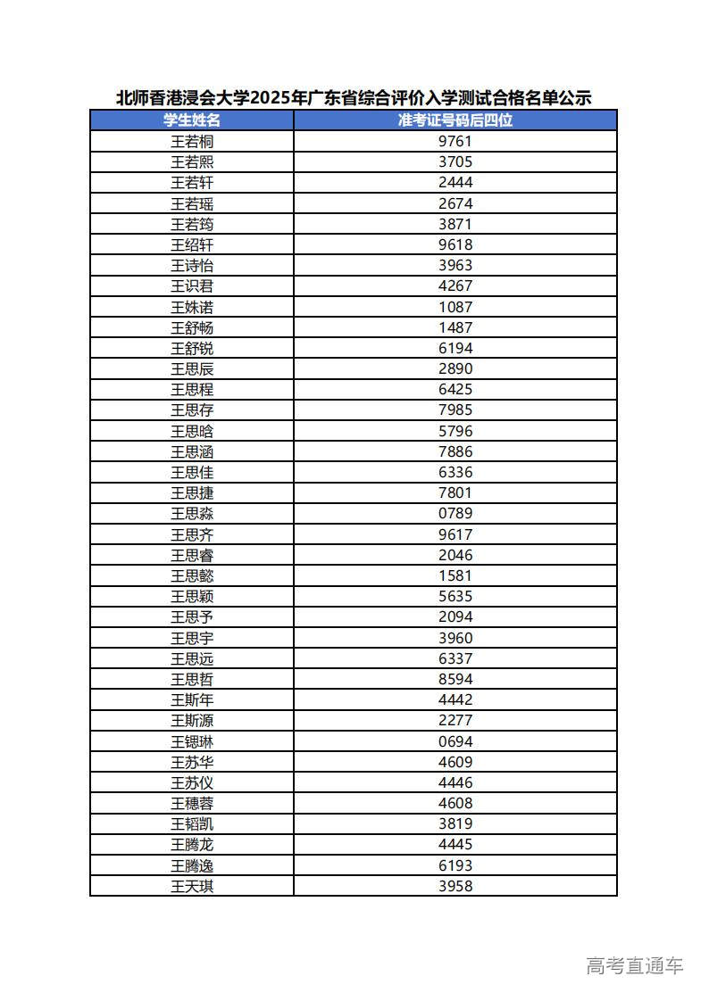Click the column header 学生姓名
[192, 120]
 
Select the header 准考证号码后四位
[455, 120]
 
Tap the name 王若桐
[192, 141]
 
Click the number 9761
[455, 141]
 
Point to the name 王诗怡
[192, 265]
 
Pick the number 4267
[455, 285]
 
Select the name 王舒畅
[192, 327]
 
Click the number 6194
[455, 348]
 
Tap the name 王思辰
[192, 368]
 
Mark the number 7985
[455, 410]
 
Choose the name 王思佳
[192, 472]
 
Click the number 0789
[455, 513]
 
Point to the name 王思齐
[192, 534]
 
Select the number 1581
[455, 575]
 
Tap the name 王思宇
[192, 638]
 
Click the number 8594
[455, 679]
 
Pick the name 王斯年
[192, 699]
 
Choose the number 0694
[455, 741]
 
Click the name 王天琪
[192, 886]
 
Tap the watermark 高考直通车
[634, 965]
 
